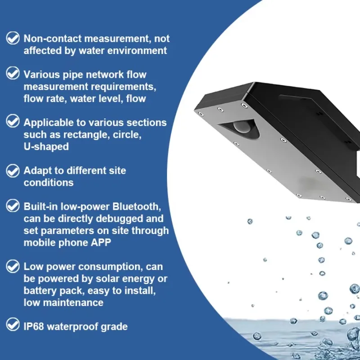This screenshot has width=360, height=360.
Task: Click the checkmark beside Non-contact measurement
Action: coord(13,38)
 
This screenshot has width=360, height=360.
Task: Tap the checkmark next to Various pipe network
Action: coord(13,73)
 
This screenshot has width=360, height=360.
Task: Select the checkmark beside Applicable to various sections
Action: coord(13,121)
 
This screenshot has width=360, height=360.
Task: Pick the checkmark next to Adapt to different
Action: coord(13,171)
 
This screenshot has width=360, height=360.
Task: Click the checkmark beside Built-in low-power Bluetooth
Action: coord(13,206)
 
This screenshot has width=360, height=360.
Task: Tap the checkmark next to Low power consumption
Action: coord(13,266)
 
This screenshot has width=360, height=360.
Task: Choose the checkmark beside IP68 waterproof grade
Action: coord(13,324)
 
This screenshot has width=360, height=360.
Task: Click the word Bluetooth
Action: coord(137,207)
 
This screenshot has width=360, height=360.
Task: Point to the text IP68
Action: coord(33,327)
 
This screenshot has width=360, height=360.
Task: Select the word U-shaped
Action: coord(46,147)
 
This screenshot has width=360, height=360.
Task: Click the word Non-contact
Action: coord(53,39)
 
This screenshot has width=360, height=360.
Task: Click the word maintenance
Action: coord(73,302)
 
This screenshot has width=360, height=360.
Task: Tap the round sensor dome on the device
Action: coord(242,127)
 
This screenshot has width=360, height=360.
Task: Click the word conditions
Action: coord(49,183)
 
